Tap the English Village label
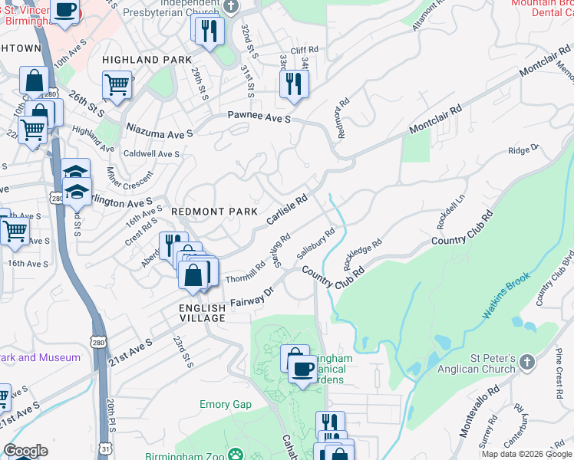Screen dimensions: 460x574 coord(203,308)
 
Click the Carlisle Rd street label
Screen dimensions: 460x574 coord(287,209)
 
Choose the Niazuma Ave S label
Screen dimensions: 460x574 coord(160,133)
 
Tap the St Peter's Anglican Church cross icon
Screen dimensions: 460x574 coord(526,361)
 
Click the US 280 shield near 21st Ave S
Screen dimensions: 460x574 coord(97,340)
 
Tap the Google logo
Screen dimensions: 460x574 coord(25,451)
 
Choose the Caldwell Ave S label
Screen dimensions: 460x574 coord(152,154)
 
